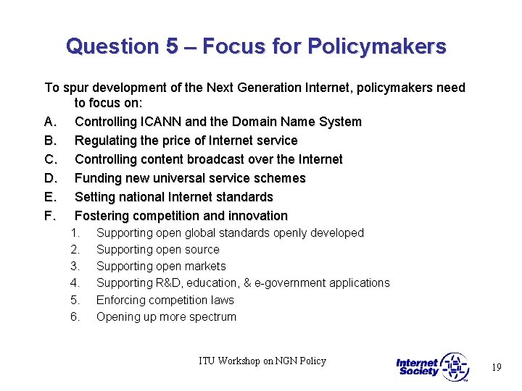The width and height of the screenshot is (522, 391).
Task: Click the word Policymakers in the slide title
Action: (376, 47)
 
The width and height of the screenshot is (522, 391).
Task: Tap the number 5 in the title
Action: (171, 47)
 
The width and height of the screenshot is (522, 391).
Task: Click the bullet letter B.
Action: (49, 140)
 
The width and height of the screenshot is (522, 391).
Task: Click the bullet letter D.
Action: (49, 178)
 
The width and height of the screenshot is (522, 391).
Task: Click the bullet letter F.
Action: (49, 216)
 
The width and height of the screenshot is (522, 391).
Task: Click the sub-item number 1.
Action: (75, 233)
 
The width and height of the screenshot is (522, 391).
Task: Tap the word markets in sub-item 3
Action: (206, 266)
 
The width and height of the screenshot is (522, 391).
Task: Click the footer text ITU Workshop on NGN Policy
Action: (262, 361)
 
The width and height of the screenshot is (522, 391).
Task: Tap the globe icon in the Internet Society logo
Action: (455, 366)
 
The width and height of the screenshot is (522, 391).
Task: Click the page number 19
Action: (496, 368)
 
